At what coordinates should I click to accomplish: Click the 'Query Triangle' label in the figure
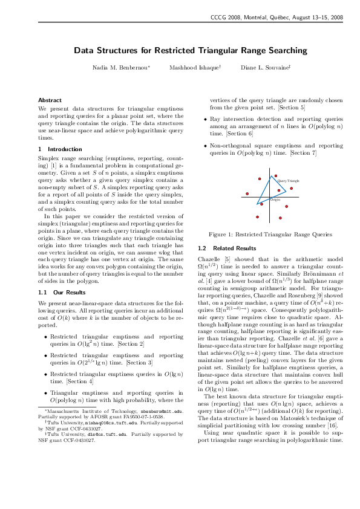pyautogui.click(x=289, y=181)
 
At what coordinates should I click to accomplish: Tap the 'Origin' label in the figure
pyautogui.click(x=275, y=199)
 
